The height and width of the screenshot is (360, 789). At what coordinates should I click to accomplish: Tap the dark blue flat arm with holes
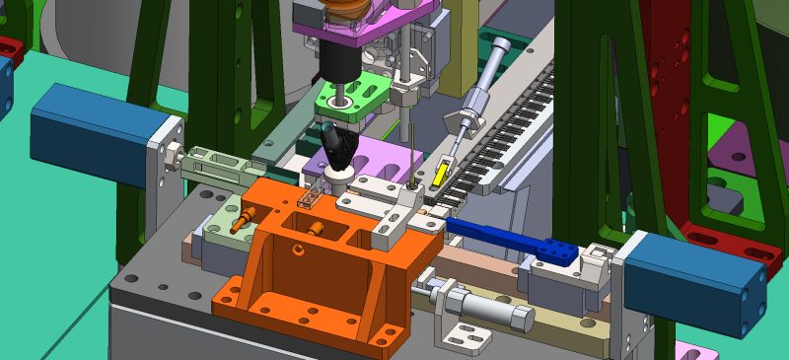513,242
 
